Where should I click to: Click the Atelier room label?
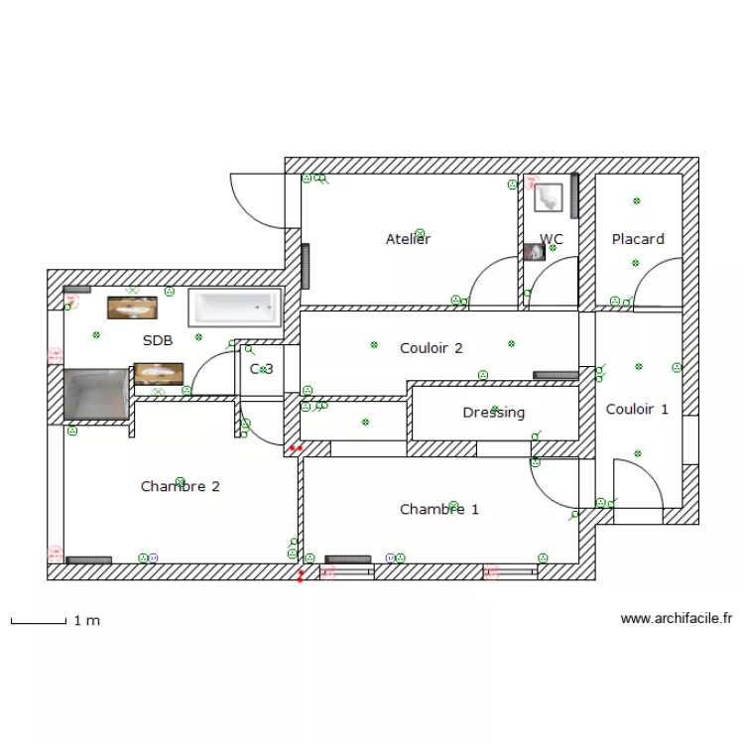tap(408, 239)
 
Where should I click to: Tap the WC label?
tap(552, 239)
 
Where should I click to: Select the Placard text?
tap(638, 239)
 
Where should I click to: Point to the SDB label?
tap(158, 340)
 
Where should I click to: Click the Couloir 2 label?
tap(432, 348)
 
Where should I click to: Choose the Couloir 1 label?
tap(637, 409)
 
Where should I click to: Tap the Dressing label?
tap(493, 413)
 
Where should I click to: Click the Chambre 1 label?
tap(439, 509)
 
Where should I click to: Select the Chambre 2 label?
tap(180, 486)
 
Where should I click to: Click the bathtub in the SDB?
tap(235, 307)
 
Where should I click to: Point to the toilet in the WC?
tap(547, 196)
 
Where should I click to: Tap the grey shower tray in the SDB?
tap(96, 394)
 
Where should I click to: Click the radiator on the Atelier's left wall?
tap(306, 265)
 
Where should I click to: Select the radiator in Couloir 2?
tap(556, 375)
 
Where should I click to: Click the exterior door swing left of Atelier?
tap(256, 198)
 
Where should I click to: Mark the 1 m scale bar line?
tap(38, 623)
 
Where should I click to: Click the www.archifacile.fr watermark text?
tap(677, 618)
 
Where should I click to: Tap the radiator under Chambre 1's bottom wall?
tap(347, 559)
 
